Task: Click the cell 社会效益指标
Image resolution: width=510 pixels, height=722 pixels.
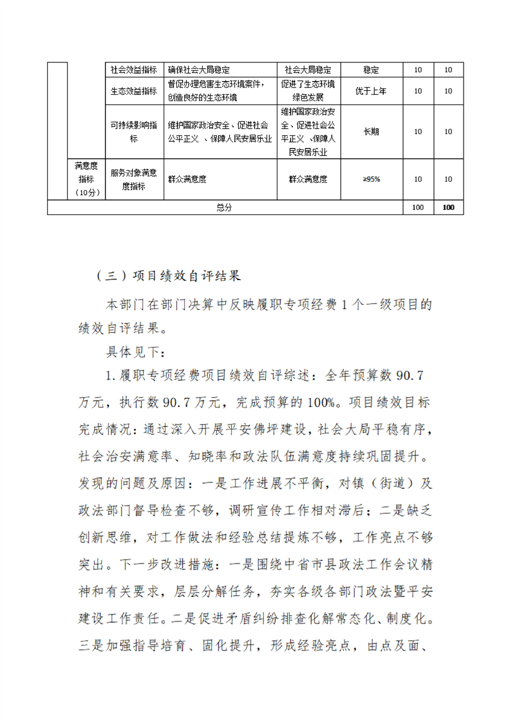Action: click(x=133, y=70)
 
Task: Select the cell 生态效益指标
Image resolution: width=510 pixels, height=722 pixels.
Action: click(x=133, y=91)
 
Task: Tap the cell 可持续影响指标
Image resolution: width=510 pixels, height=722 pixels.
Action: click(x=133, y=131)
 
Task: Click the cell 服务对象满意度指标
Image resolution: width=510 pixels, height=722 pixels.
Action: click(x=133, y=179)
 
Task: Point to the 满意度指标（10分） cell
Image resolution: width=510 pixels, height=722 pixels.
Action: click(x=86, y=179)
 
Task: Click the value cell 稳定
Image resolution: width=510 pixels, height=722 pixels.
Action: click(x=371, y=70)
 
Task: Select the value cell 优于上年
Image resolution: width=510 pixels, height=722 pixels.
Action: click(x=371, y=91)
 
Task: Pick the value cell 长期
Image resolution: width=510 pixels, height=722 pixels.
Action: click(x=371, y=131)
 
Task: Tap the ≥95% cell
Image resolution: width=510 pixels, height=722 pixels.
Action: click(x=371, y=179)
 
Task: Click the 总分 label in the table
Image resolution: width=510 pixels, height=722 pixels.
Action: click(x=224, y=207)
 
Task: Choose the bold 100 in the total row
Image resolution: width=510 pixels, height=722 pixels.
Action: click(x=448, y=207)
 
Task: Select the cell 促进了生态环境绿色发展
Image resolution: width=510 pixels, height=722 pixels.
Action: click(x=308, y=91)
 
